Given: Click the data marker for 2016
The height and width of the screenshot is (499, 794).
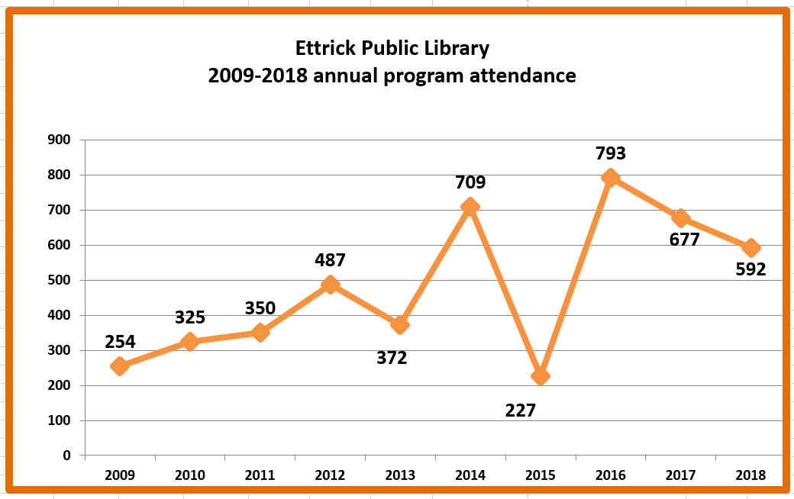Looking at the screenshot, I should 610,178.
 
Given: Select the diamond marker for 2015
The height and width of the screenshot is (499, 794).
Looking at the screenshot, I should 540,375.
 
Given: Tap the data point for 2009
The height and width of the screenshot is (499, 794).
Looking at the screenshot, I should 119,366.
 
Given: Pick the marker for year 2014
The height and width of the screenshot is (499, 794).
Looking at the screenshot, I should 470,207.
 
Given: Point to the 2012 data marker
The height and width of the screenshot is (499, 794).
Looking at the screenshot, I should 330,285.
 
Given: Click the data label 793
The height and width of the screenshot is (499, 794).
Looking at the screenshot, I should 610,153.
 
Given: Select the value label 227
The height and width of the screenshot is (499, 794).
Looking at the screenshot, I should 521,410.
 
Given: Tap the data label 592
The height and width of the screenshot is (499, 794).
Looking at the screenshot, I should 750,269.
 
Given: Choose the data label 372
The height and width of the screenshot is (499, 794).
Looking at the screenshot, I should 392,357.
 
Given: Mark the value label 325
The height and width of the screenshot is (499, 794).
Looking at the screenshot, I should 191,317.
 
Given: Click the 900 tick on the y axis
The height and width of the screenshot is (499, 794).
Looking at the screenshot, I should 59,140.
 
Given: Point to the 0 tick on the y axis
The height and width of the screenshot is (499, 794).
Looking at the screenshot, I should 66,456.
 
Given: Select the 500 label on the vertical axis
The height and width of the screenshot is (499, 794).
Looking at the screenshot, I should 59,280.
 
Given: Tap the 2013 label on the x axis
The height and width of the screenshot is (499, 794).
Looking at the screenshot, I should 400,475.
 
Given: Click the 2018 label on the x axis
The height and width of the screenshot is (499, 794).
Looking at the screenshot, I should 750,475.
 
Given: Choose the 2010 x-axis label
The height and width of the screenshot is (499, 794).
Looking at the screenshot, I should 189,475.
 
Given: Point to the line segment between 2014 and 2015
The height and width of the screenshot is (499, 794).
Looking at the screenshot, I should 505,291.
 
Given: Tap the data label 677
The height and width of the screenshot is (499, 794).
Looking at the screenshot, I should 684,240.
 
